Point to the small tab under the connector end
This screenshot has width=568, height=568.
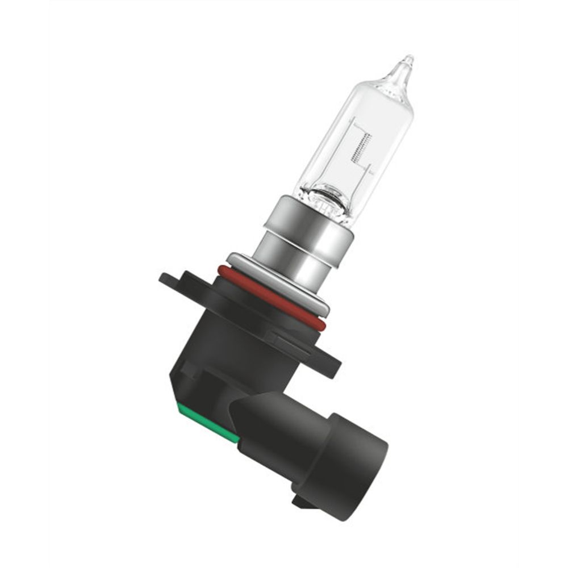click(300, 500)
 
